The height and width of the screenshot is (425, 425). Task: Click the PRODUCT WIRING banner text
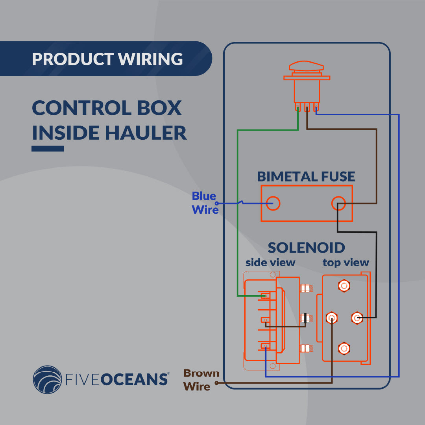(x=107, y=59)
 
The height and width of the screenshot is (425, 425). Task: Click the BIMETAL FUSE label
(x=306, y=176)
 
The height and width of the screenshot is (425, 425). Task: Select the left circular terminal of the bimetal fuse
(x=273, y=203)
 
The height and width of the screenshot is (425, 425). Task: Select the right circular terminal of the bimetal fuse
(x=338, y=203)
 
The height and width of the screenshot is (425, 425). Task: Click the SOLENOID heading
(x=306, y=248)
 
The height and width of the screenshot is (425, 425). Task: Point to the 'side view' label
(x=270, y=262)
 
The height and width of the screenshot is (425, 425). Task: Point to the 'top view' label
(x=346, y=262)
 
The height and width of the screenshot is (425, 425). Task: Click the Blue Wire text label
(x=204, y=203)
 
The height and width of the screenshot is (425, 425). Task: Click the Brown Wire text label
(x=201, y=380)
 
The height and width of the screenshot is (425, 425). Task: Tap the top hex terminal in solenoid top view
(x=344, y=286)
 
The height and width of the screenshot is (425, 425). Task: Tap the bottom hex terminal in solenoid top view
(x=344, y=348)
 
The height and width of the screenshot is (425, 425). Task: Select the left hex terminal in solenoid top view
(x=332, y=317)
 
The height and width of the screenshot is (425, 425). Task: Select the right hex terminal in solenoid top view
(x=357, y=317)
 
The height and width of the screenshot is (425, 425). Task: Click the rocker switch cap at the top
(x=307, y=66)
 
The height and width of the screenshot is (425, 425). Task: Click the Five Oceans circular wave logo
(x=47, y=379)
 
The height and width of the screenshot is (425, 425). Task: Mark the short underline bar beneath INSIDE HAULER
(x=48, y=149)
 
